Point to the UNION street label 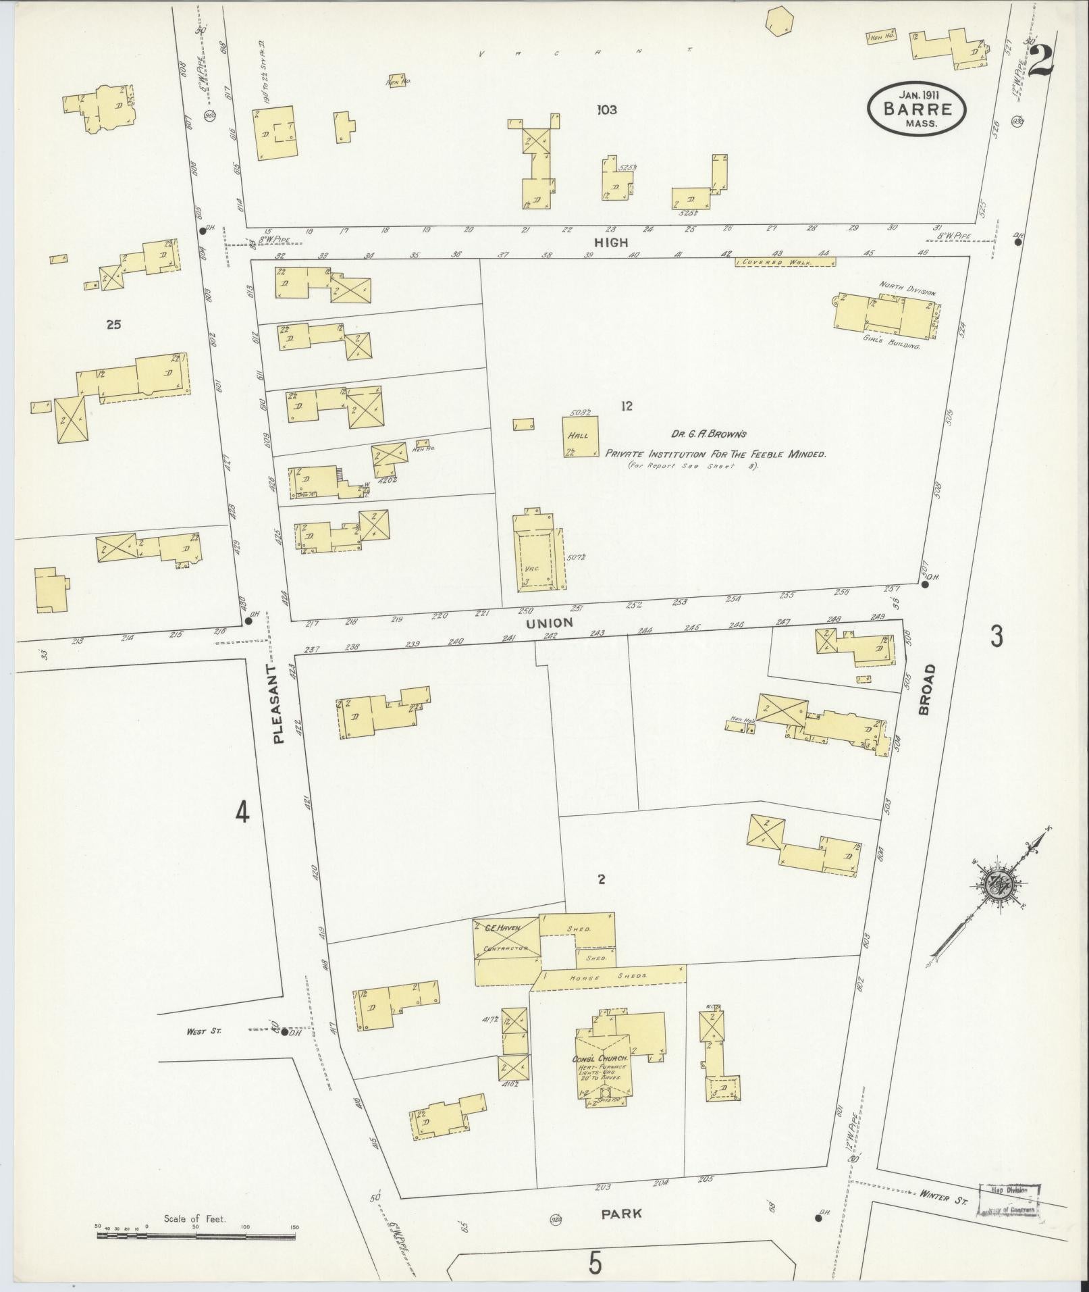click(x=549, y=623)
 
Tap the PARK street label click(x=622, y=1213)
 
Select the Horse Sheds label click(x=608, y=977)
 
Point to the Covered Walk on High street click(x=782, y=262)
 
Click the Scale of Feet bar click(x=196, y=1237)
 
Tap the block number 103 click(x=606, y=109)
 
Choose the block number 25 click(x=113, y=325)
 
